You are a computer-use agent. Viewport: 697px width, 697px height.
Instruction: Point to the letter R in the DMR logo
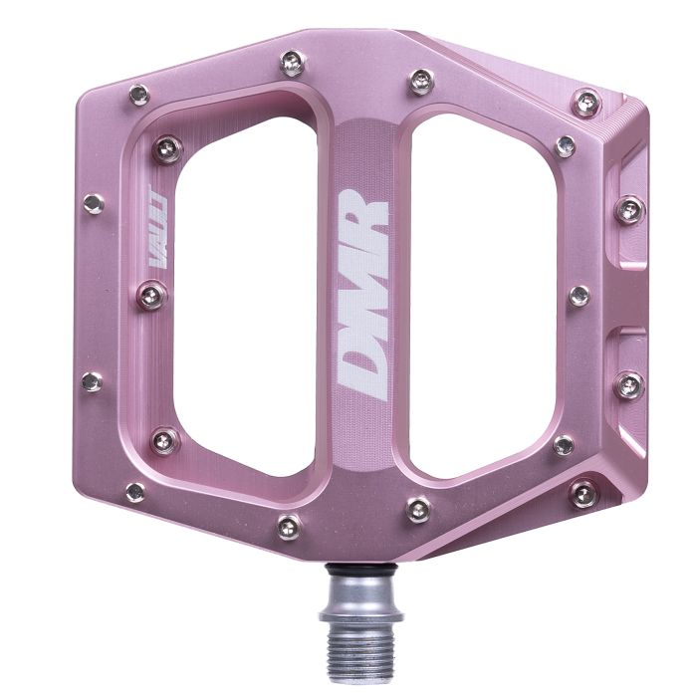(364, 212)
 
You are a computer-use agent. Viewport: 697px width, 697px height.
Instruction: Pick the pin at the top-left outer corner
(138, 95)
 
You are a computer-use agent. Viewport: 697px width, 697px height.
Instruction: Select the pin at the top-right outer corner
(587, 101)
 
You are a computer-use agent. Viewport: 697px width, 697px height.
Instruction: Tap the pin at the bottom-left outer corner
(135, 491)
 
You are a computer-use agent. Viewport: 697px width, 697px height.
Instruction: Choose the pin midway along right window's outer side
(579, 296)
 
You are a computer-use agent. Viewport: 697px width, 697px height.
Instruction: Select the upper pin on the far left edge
(94, 204)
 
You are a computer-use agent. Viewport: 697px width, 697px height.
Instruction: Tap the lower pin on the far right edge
(628, 384)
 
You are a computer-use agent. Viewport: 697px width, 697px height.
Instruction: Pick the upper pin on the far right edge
(628, 209)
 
